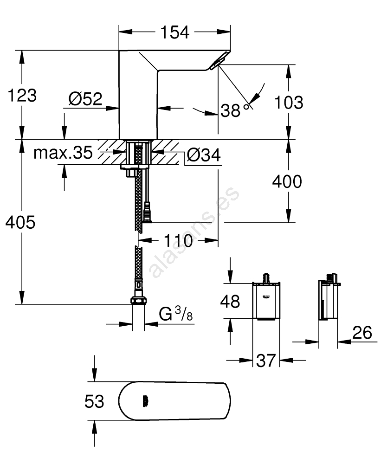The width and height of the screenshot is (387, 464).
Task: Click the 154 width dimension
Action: click(175, 32)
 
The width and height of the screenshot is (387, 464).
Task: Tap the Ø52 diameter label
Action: click(85, 99)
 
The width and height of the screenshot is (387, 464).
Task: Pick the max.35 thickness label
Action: click(63, 153)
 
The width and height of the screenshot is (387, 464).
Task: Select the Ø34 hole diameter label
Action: click(203, 156)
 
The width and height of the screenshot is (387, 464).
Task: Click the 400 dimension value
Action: click(286, 181)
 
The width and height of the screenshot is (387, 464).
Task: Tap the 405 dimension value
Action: click(20, 223)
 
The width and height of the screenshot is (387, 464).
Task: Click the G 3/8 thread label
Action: click(175, 315)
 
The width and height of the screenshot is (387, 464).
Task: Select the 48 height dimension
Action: click(230, 301)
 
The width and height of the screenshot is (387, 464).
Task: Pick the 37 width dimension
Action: click(265, 360)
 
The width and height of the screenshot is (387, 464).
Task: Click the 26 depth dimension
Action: click(362, 332)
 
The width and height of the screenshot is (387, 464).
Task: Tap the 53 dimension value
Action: click(94, 401)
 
